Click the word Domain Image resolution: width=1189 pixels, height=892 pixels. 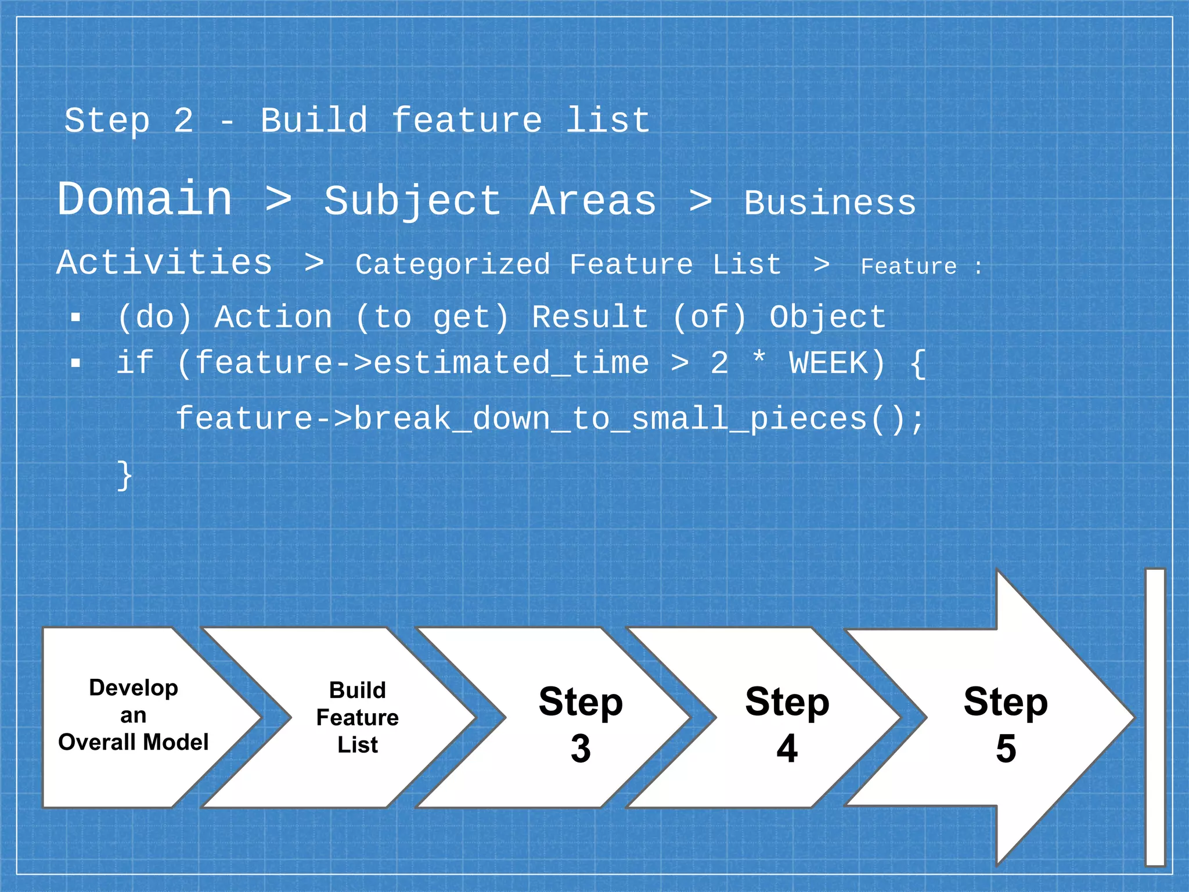point(145,199)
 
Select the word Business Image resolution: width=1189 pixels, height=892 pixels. point(830,203)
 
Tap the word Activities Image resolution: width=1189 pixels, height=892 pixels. point(164,262)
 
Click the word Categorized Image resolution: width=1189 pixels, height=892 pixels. point(452,265)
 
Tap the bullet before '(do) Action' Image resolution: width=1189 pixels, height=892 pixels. point(75,318)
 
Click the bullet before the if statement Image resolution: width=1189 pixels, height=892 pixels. point(75,364)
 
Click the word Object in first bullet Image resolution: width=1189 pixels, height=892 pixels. point(827,318)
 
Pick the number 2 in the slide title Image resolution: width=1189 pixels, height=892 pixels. point(183,121)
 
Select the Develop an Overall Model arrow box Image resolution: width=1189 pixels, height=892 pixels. point(134,717)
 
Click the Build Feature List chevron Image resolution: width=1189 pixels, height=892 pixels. point(357,718)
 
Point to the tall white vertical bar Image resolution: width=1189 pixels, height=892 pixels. point(1155,717)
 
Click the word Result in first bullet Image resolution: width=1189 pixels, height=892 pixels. point(590,318)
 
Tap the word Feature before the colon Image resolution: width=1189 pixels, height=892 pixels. point(908,267)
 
